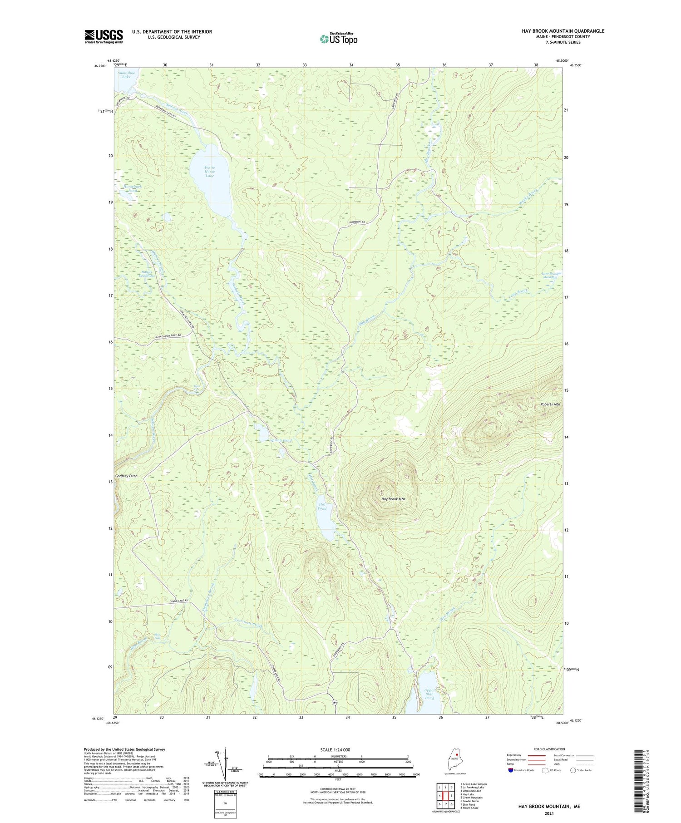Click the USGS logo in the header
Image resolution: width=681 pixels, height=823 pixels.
[x=104, y=36]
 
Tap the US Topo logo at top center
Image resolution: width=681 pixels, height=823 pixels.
[x=339, y=39]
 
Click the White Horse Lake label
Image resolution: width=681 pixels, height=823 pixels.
[x=209, y=172]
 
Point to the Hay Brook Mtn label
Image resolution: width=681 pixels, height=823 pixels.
[x=393, y=499]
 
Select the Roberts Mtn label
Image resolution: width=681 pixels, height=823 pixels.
[x=550, y=404]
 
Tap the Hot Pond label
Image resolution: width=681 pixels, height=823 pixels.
[x=322, y=506]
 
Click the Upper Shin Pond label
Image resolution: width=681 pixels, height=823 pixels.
[x=429, y=694]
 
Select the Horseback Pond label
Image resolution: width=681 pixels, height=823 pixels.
[x=126, y=188]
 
